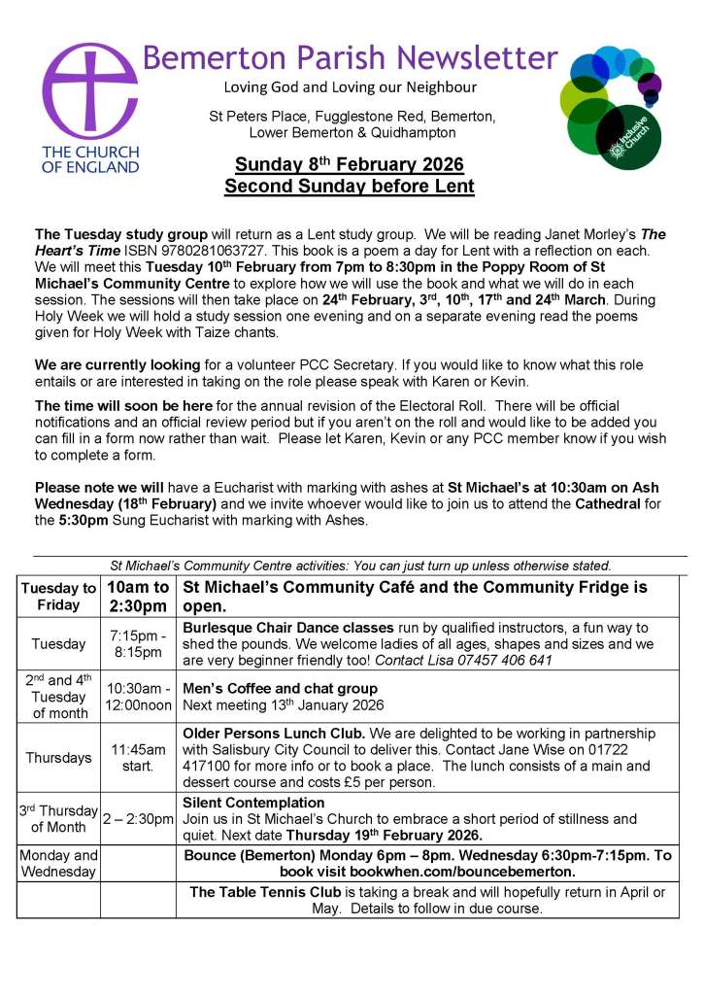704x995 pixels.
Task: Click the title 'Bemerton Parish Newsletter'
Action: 350,56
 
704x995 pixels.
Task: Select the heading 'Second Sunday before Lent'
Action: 350,186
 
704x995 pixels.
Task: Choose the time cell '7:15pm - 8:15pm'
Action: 138,643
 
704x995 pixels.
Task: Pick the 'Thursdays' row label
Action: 59,758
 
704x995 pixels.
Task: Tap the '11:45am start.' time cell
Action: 138,758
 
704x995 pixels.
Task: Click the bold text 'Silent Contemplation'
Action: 253,803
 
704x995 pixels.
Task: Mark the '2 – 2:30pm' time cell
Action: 138,819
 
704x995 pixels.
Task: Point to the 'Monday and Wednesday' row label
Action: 59,864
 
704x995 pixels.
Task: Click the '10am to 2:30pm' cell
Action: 138,597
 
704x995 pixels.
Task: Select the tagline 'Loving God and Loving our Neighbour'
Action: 350,88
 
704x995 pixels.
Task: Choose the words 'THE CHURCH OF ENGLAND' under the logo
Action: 89,159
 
